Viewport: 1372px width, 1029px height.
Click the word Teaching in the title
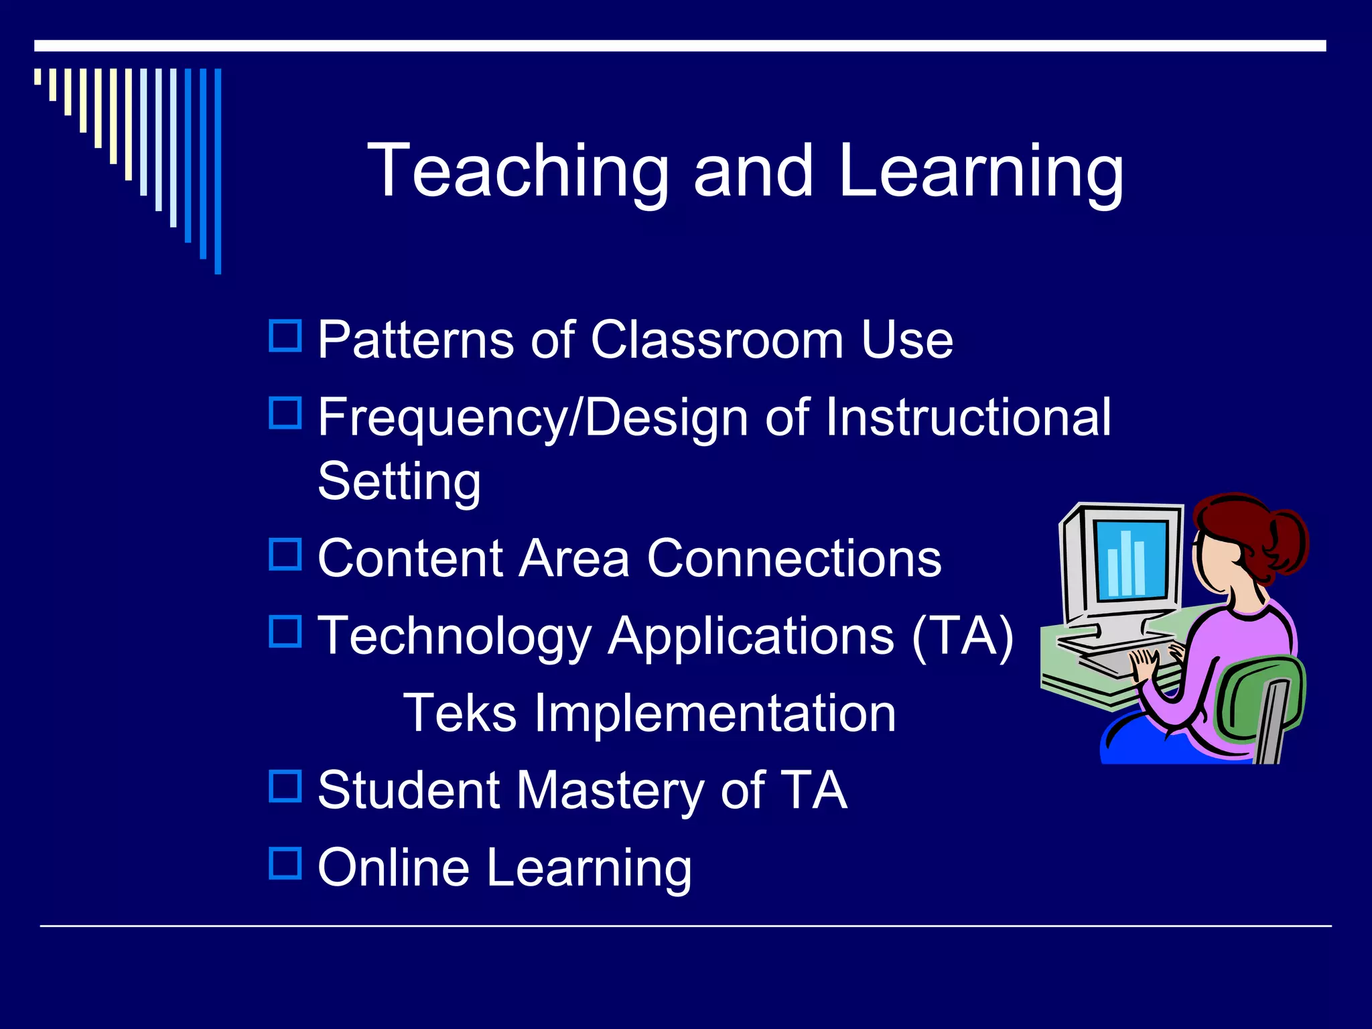(518, 171)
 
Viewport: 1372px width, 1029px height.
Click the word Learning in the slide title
(979, 171)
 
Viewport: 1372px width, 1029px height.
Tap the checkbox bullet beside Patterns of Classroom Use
(285, 336)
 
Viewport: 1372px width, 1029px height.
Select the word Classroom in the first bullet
(717, 340)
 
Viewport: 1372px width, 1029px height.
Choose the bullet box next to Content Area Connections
(285, 555)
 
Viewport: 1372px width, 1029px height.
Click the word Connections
(794, 558)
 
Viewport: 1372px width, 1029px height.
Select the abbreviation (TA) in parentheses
(963, 636)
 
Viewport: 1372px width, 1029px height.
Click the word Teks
(460, 713)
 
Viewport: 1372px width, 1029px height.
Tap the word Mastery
(610, 791)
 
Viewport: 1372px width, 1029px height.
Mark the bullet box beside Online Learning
(285, 864)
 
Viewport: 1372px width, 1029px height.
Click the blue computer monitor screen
(1131, 559)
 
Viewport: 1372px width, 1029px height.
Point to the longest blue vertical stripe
(218, 171)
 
